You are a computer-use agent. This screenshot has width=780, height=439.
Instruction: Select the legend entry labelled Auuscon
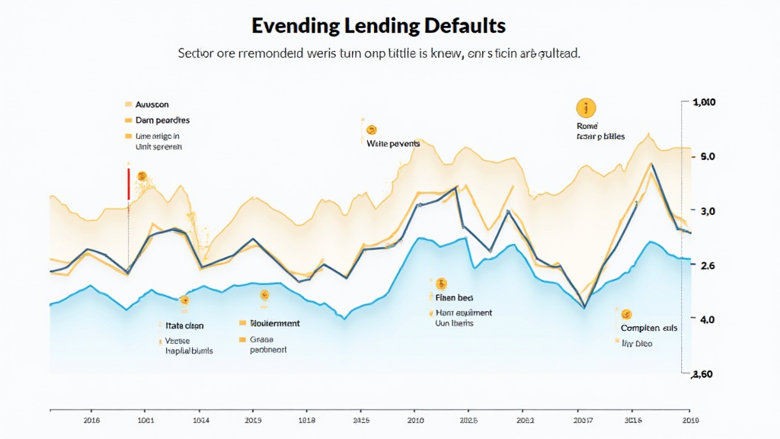152,104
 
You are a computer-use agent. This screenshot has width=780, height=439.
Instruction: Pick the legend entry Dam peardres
162,120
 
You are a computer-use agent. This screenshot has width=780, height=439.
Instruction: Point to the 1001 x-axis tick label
145,420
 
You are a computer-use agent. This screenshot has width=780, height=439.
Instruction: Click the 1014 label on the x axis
201,420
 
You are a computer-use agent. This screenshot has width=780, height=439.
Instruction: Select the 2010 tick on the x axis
416,420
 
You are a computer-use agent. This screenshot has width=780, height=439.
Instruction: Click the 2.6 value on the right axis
707,265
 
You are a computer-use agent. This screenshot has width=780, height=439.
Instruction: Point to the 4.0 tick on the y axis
707,319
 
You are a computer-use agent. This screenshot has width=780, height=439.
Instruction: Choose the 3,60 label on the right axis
702,374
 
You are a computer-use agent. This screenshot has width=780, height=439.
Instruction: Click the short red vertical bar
129,184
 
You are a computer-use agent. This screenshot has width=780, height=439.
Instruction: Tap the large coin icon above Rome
586,107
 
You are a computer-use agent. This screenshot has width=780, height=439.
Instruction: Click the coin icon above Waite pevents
372,130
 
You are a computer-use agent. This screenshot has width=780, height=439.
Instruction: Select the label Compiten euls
648,328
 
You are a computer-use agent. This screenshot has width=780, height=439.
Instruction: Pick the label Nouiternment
275,323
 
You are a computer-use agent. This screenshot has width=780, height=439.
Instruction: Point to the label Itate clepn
184,325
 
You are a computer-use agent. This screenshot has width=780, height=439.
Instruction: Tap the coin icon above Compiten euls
626,313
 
